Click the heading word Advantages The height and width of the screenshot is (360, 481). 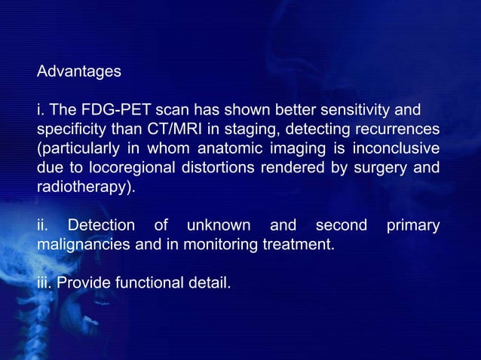point(78,72)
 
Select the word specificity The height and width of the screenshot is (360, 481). point(70,130)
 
